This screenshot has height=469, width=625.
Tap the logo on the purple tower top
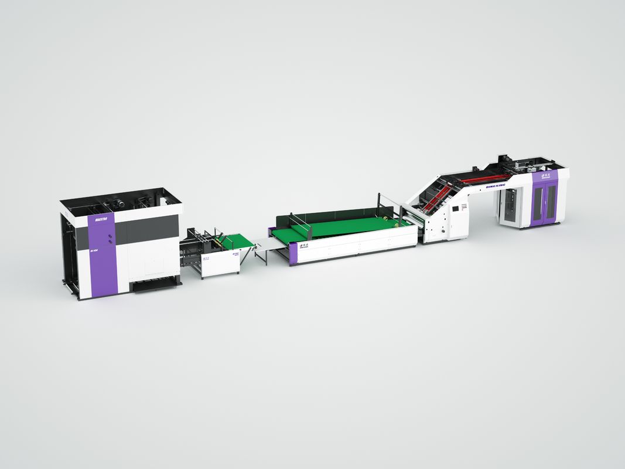[x=544, y=175]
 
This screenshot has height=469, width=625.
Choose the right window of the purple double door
[x=551, y=200]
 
